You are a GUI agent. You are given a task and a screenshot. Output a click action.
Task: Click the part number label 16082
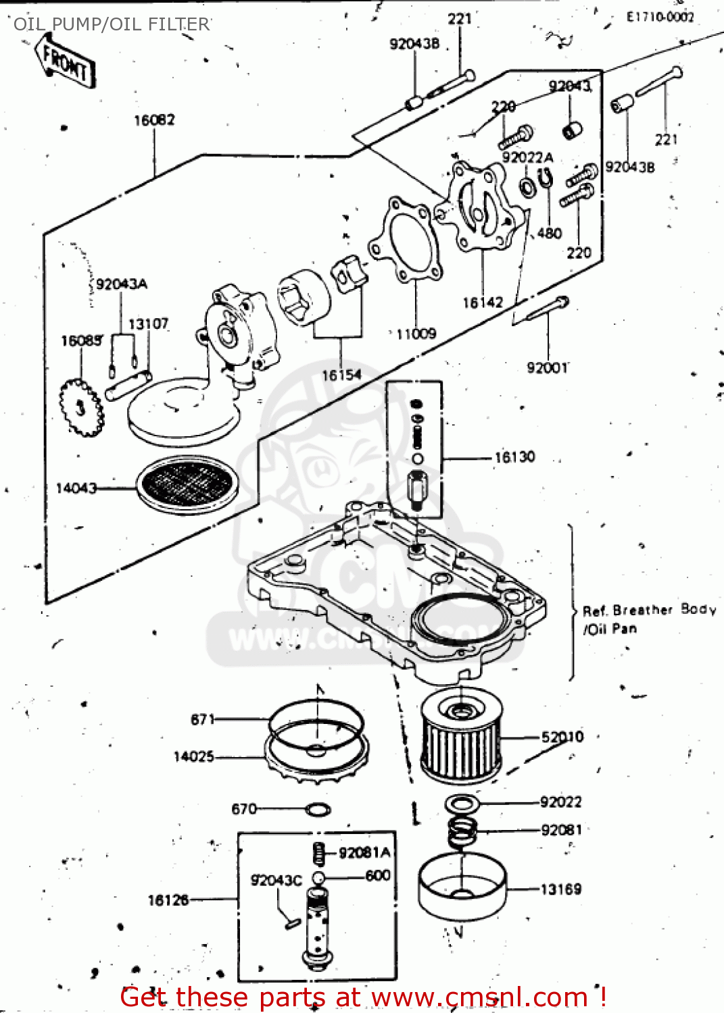[x=154, y=120]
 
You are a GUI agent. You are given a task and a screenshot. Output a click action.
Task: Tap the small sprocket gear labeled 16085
[x=81, y=407]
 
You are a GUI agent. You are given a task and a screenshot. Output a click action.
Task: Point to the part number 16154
[x=341, y=375]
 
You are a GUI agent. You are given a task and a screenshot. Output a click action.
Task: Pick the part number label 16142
[x=483, y=303]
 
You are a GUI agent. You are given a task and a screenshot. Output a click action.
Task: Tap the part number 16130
[x=514, y=457]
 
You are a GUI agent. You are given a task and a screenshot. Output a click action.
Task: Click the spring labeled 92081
[x=462, y=832]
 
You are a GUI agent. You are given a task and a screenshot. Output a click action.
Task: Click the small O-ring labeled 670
[x=318, y=808]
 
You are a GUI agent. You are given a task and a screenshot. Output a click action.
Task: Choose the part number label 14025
[x=193, y=757]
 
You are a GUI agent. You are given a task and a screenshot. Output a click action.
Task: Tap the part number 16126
[x=168, y=900]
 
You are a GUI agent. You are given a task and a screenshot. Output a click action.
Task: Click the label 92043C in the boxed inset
[x=276, y=880]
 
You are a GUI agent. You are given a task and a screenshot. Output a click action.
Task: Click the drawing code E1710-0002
[x=660, y=17]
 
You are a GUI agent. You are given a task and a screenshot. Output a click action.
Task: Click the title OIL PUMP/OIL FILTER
[x=112, y=24]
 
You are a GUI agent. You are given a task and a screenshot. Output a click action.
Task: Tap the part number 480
[x=550, y=233]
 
